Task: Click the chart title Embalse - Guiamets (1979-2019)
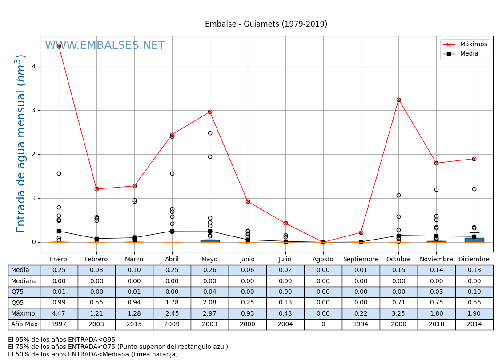click(x=266, y=24)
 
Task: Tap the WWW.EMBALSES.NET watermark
click(x=105, y=46)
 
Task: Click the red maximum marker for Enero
click(x=59, y=46)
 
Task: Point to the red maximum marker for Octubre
click(x=398, y=100)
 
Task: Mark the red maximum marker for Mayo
click(x=210, y=112)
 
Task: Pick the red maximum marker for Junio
click(x=248, y=201)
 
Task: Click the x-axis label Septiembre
click(x=361, y=260)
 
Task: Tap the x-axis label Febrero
click(x=96, y=260)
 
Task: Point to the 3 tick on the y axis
click(x=33, y=110)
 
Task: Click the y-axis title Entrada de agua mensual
click(x=21, y=144)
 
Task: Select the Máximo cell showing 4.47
click(x=59, y=314)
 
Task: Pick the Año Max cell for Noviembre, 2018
click(x=436, y=324)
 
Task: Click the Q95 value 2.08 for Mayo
click(x=210, y=303)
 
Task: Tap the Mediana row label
click(x=24, y=281)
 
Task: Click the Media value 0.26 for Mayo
click(x=210, y=270)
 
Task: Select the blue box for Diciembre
click(x=474, y=240)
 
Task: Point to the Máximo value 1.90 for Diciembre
click(x=474, y=314)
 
